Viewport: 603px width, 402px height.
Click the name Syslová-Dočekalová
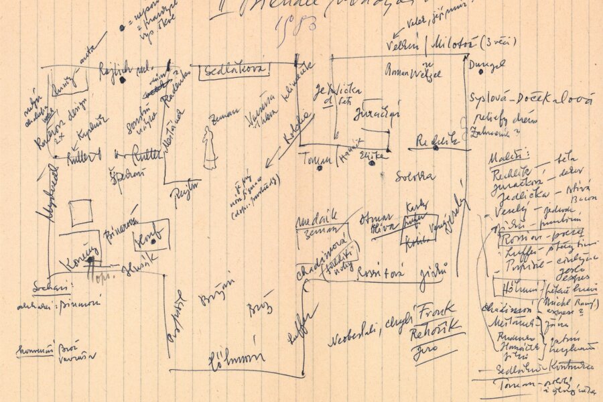click(x=531, y=100)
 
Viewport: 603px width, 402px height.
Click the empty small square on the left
click(x=81, y=212)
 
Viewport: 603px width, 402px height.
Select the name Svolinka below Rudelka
click(x=414, y=176)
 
